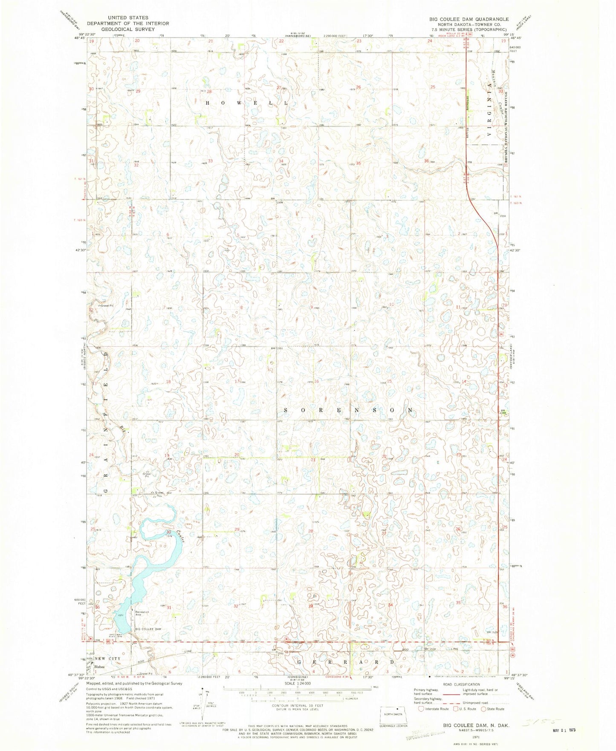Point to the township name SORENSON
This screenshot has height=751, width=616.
[x=348, y=410]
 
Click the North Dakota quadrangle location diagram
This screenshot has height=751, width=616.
[x=393, y=715]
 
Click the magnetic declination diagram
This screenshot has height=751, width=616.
[x=204, y=705]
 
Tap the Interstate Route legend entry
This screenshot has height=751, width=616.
[x=433, y=709]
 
